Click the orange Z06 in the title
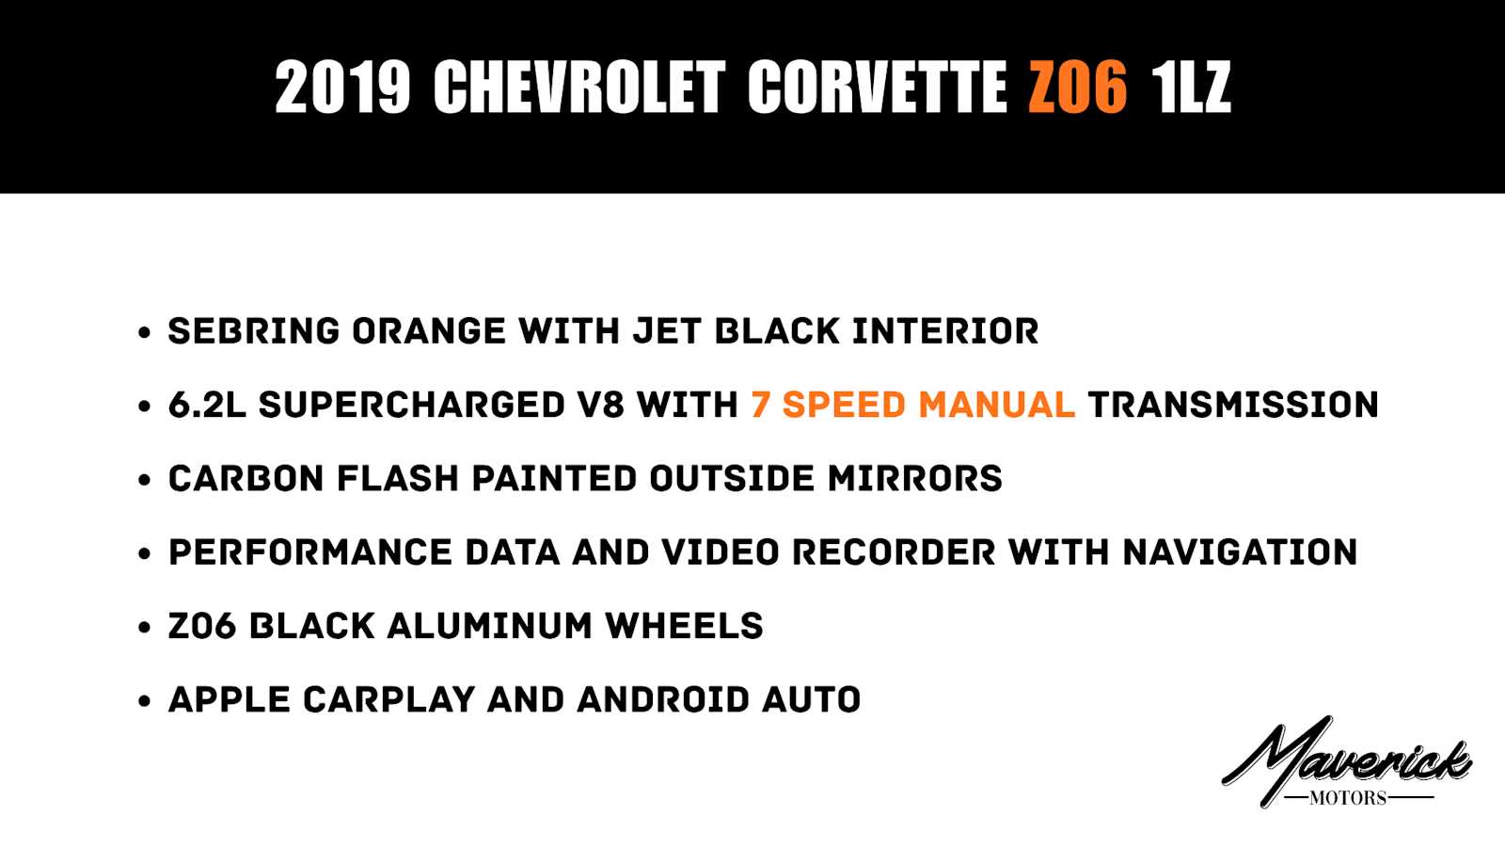point(1078,87)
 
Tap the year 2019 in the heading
point(342,87)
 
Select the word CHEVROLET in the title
point(579,87)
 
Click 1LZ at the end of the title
point(1191,87)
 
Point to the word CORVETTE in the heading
point(877,87)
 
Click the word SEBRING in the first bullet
point(254,330)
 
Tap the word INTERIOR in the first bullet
point(945,330)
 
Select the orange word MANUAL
point(996,405)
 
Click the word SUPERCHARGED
point(411,405)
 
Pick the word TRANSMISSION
point(1233,405)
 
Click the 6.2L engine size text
point(207,405)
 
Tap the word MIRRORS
point(914,479)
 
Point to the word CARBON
point(246,479)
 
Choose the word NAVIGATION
point(1240,552)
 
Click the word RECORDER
point(894,552)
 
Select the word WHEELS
point(684,626)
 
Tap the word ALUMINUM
point(489,626)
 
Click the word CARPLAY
point(389,700)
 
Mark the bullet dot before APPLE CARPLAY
point(144,701)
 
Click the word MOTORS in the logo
point(1348,798)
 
